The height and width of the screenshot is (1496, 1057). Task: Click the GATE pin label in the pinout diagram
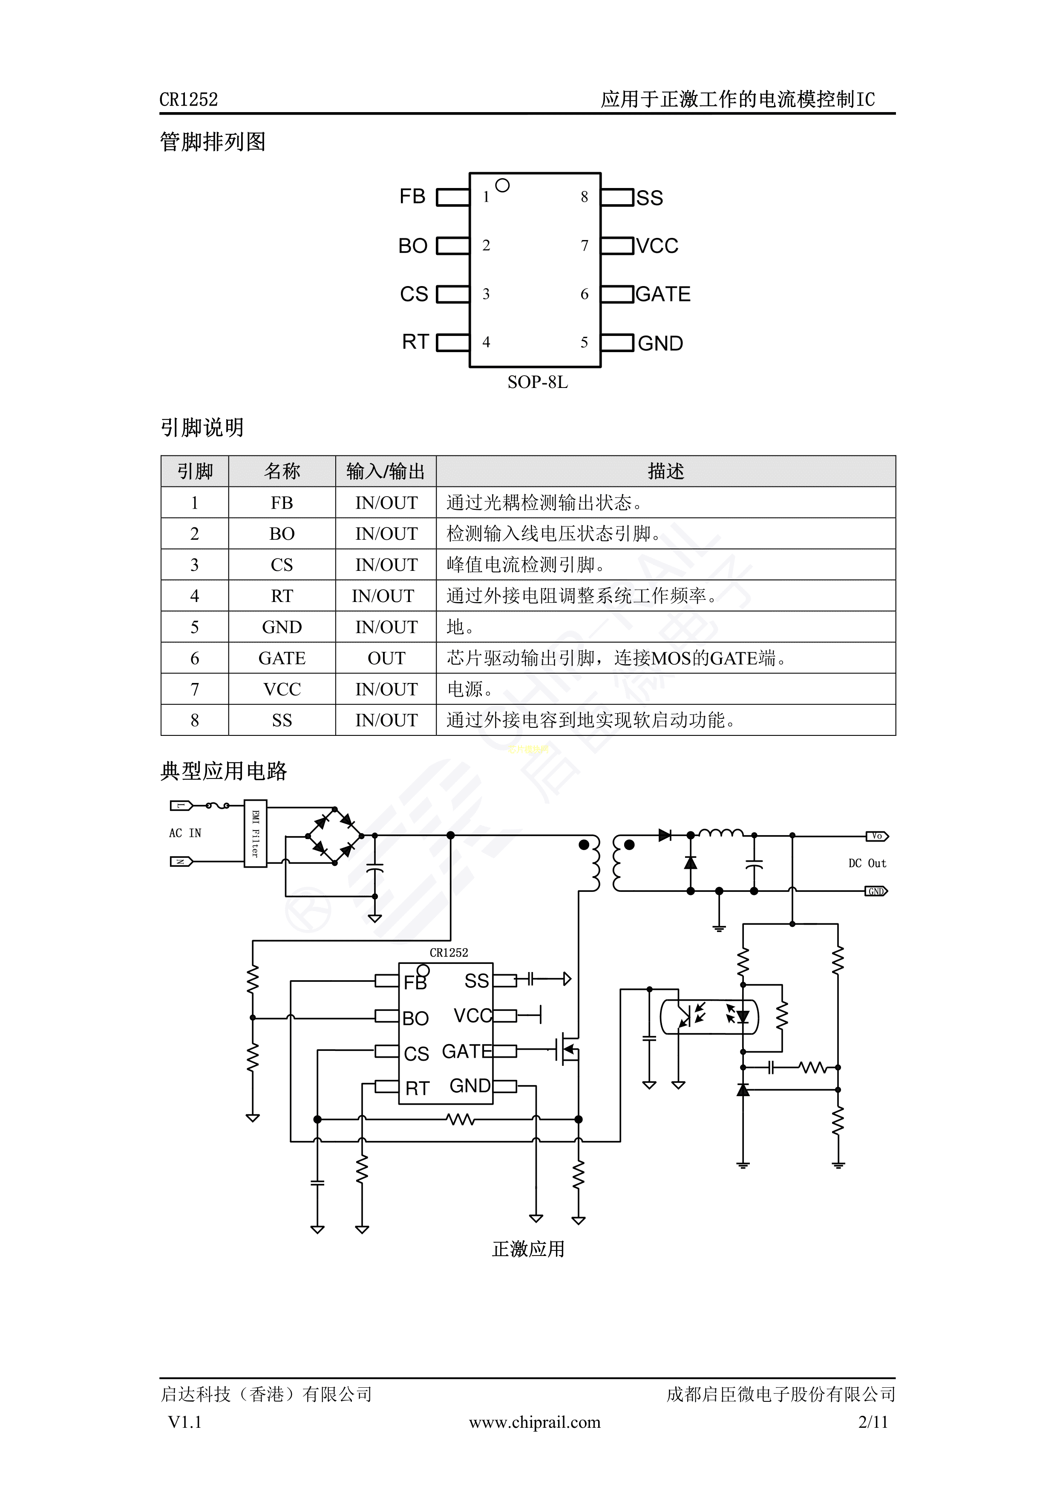click(x=662, y=295)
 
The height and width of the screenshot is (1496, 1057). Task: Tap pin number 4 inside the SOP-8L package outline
click(x=486, y=342)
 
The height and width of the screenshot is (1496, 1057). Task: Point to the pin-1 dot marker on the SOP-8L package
click(x=502, y=186)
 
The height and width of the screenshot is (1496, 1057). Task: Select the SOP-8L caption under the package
click(x=537, y=382)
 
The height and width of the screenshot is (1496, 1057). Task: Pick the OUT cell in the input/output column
click(x=386, y=658)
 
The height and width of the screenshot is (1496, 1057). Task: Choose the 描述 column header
click(x=665, y=471)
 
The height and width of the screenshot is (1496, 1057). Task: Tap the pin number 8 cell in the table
click(x=195, y=720)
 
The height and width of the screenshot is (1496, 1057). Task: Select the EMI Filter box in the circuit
click(x=255, y=833)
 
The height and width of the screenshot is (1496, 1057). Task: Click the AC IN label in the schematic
click(x=185, y=833)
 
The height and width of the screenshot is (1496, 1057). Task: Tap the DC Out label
click(x=867, y=863)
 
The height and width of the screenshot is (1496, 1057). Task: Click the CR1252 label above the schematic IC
click(x=449, y=952)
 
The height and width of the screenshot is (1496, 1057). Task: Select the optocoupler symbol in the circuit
click(x=709, y=1016)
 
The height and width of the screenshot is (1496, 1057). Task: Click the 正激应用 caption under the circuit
click(x=528, y=1249)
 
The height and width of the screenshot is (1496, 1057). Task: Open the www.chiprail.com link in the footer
click(x=535, y=1422)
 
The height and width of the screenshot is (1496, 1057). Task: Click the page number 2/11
click(x=873, y=1422)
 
